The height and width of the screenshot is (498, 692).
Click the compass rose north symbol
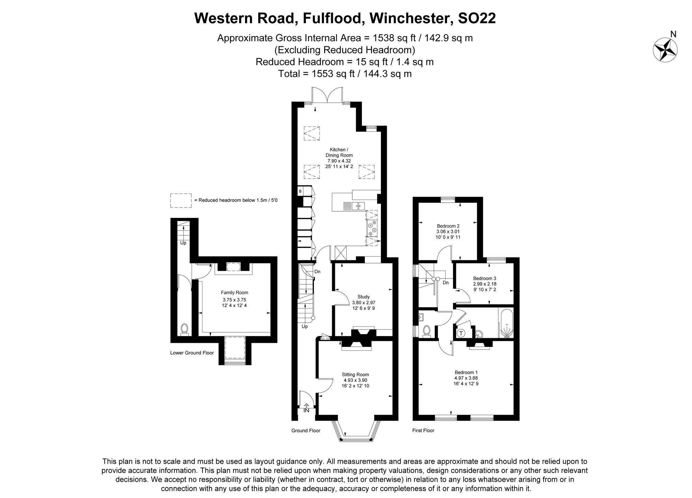(665, 50)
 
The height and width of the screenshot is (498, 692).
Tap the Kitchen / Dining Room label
(339, 153)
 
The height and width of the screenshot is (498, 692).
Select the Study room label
(364, 297)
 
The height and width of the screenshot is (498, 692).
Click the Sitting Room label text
(355, 375)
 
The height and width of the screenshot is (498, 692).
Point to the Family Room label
(234, 293)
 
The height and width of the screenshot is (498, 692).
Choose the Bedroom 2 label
(448, 226)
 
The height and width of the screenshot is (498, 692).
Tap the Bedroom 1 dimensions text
(466, 381)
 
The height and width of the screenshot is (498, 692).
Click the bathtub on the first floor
(506, 323)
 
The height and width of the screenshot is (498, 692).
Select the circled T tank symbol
(461, 333)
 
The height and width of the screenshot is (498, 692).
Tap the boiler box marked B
(300, 191)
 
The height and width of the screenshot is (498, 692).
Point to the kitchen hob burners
(373, 228)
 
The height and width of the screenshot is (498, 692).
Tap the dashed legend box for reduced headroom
(181, 201)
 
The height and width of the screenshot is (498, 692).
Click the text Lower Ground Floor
(192, 353)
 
